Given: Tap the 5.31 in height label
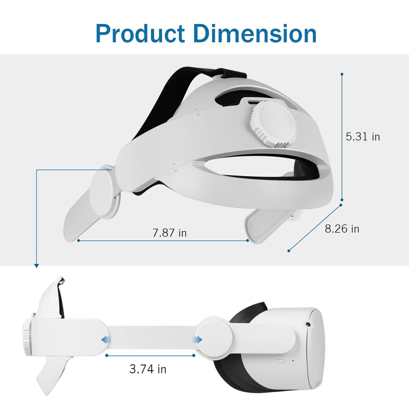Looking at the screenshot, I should (363, 137).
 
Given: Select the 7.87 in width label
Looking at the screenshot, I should (170, 233).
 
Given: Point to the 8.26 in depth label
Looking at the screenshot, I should (342, 229).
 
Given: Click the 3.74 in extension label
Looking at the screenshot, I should (148, 369).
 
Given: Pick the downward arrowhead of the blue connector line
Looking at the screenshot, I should (36, 265).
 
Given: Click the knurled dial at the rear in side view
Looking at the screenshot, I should (26, 337).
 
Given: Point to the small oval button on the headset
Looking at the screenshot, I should (281, 360).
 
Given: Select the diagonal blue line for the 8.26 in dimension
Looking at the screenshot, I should (315, 228).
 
